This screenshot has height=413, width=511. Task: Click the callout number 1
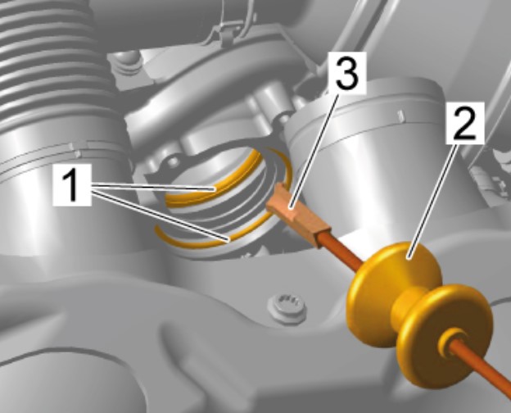(72, 185)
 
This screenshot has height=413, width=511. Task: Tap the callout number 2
(465, 123)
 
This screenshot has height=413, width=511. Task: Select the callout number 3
(347, 72)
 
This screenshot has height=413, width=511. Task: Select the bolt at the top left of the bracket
(127, 63)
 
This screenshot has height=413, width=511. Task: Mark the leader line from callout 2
(434, 200)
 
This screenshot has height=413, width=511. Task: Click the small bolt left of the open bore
(173, 161)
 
